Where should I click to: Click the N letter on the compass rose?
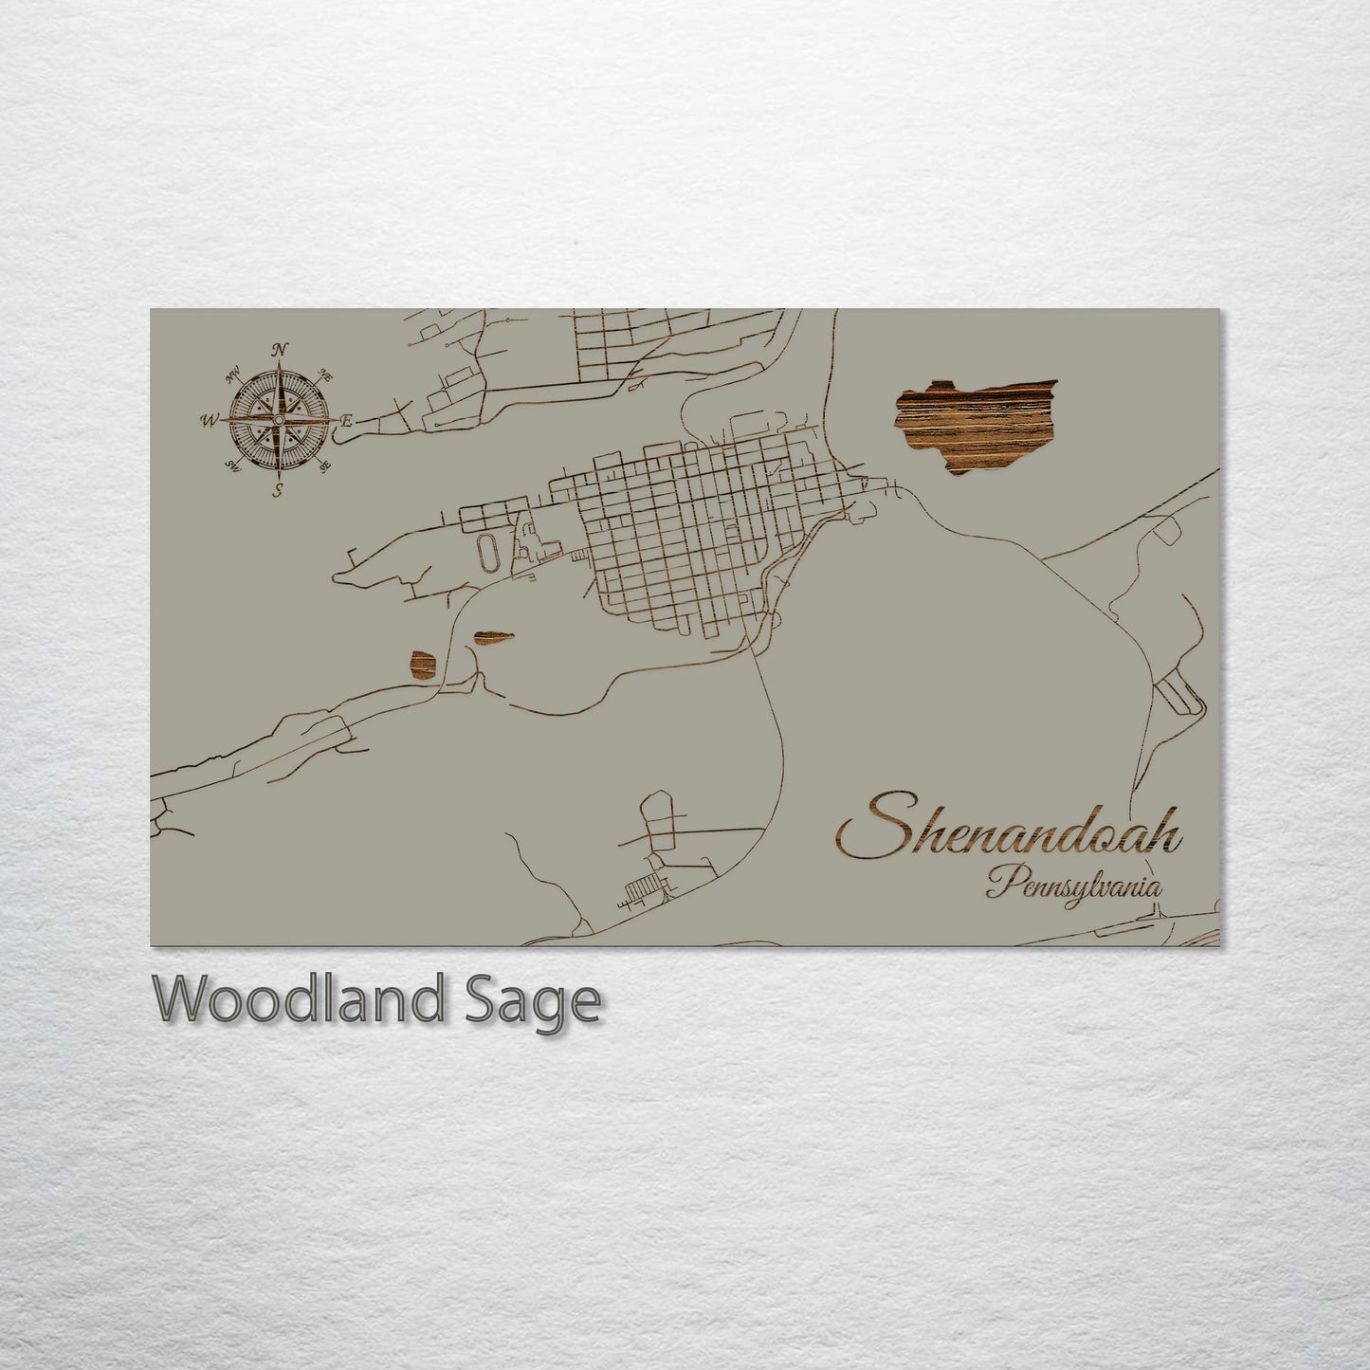(x=280, y=350)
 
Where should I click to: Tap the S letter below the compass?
(x=279, y=489)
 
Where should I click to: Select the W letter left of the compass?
(x=209, y=419)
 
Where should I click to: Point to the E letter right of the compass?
(x=347, y=419)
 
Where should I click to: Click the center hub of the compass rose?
(x=279, y=419)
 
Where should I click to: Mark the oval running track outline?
(x=486, y=553)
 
